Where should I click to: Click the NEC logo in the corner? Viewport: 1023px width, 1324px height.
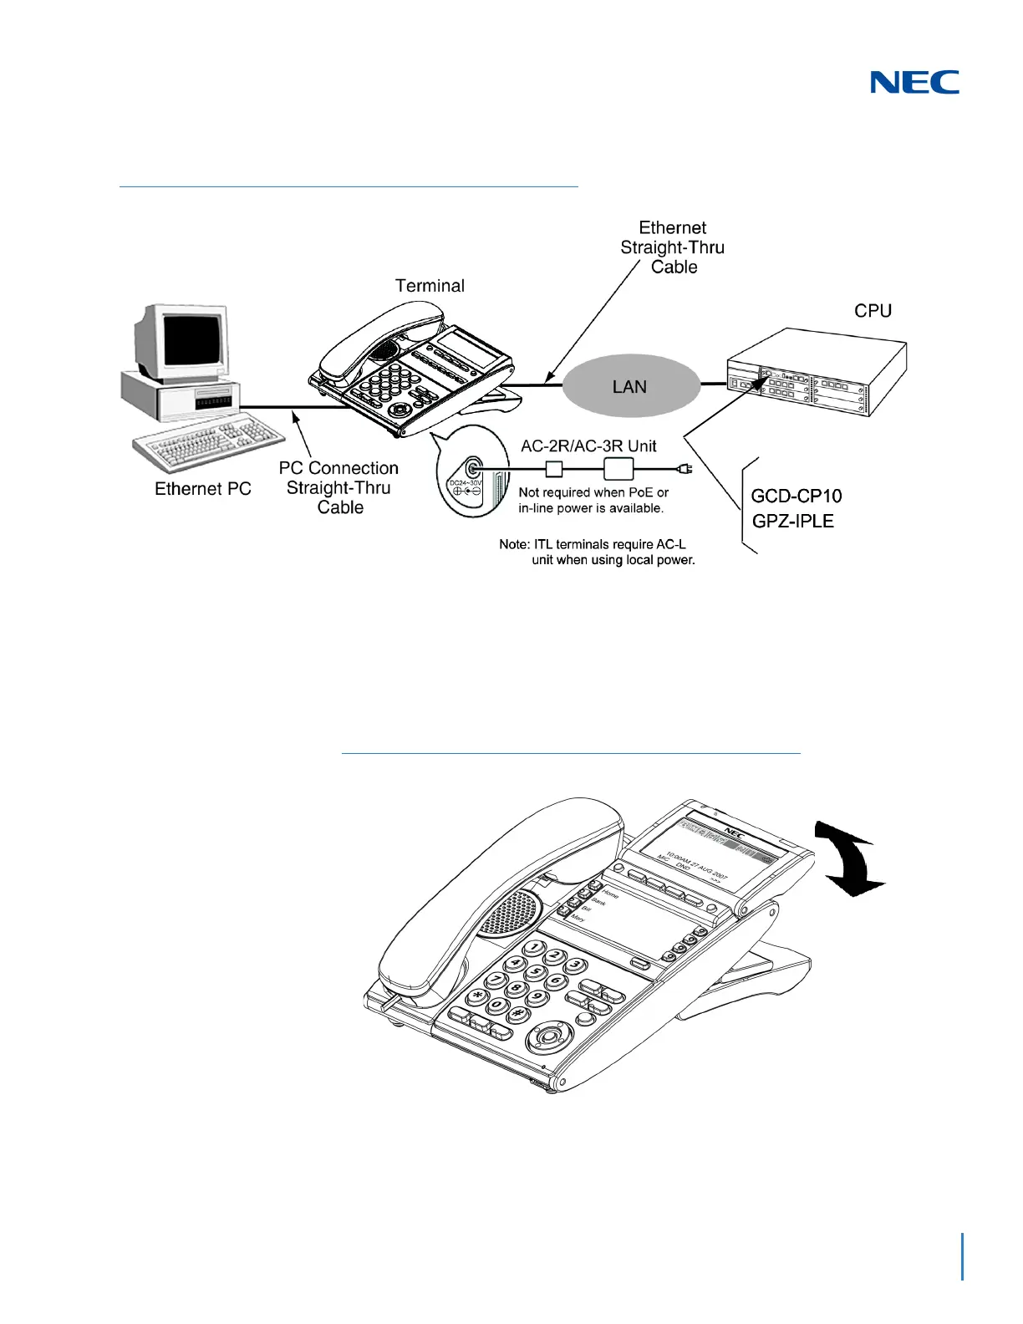tap(914, 82)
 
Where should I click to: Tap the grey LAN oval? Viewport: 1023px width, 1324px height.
tap(630, 386)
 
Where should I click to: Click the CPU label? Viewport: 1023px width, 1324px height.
tap(873, 311)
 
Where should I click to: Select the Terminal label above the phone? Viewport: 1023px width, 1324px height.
tap(430, 286)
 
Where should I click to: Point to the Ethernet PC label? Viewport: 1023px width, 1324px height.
tap(203, 489)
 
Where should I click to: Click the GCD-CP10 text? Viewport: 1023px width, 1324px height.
tap(797, 496)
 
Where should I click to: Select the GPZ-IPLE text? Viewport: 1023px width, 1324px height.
tap(793, 522)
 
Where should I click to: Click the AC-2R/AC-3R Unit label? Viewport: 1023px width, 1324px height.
tap(588, 446)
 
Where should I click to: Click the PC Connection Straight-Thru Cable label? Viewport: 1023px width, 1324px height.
tap(338, 487)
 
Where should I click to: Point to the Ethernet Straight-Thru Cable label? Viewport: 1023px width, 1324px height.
tap(673, 247)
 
